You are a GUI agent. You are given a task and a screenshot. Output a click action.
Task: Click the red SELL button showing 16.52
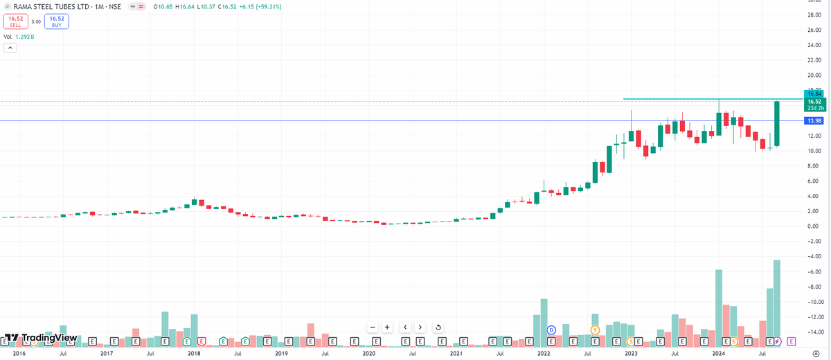(x=15, y=21)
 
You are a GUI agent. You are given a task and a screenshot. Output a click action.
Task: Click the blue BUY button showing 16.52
(x=57, y=21)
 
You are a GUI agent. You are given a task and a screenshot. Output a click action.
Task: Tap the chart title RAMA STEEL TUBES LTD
(x=50, y=6)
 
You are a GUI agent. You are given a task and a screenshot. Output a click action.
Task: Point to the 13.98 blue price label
(x=814, y=120)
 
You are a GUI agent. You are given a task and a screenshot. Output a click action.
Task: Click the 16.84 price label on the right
(x=814, y=93)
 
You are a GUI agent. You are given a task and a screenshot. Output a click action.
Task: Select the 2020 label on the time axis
(x=368, y=353)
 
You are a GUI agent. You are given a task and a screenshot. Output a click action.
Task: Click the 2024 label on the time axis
(x=718, y=353)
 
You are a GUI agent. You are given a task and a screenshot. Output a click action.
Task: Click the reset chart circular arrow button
(x=438, y=327)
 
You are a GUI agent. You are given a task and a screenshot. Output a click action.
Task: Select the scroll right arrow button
(x=420, y=327)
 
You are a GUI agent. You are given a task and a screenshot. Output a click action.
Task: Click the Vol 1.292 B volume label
(x=19, y=37)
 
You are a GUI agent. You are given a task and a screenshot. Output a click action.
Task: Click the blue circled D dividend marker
(x=551, y=330)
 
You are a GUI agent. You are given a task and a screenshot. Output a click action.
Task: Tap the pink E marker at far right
(x=792, y=341)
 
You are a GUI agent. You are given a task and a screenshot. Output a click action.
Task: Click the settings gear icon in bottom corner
(x=816, y=353)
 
